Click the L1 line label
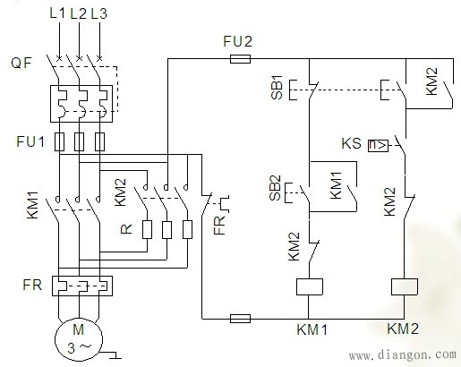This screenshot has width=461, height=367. coord(57,13)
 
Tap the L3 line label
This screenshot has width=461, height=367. coord(98,13)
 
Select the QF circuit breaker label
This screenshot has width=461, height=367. coord(21,63)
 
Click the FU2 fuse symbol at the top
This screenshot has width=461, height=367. coord(240,59)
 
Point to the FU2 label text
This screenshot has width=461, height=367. coord(237,41)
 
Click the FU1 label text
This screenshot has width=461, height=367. coord(30,141)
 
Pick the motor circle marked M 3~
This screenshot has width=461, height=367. coord(79,339)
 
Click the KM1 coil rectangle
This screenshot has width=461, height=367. coord(310,286)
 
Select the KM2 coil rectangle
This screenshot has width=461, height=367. coord(405,286)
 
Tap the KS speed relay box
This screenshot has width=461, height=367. coord(378,146)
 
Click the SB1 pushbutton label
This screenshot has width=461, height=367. coord(277,88)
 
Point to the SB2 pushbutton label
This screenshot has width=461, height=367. coord(275,188)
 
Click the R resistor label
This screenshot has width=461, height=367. coord(126,229)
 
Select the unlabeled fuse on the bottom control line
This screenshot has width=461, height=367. coord(240,319)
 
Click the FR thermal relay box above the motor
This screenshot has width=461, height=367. coord(82,286)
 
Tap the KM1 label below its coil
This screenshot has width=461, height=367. coord(312,329)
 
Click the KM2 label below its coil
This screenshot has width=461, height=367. coord(403,329)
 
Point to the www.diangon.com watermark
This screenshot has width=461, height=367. coord(403,354)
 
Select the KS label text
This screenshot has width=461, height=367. coord(351,143)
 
